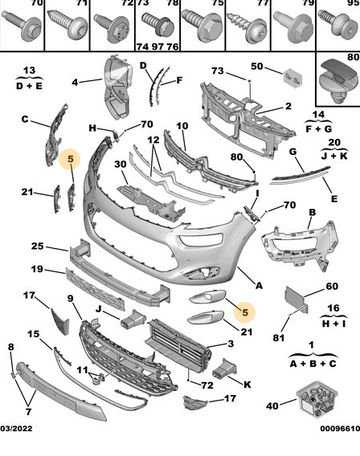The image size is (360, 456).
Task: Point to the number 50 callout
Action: pos(256,67)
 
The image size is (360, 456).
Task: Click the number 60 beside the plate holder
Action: pos(332,286)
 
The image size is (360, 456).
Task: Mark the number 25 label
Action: pos(38,246)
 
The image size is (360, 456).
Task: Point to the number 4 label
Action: pos(75,82)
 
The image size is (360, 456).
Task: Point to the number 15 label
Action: pos(34,333)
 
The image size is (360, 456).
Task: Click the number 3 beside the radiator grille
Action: pos(231,344)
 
